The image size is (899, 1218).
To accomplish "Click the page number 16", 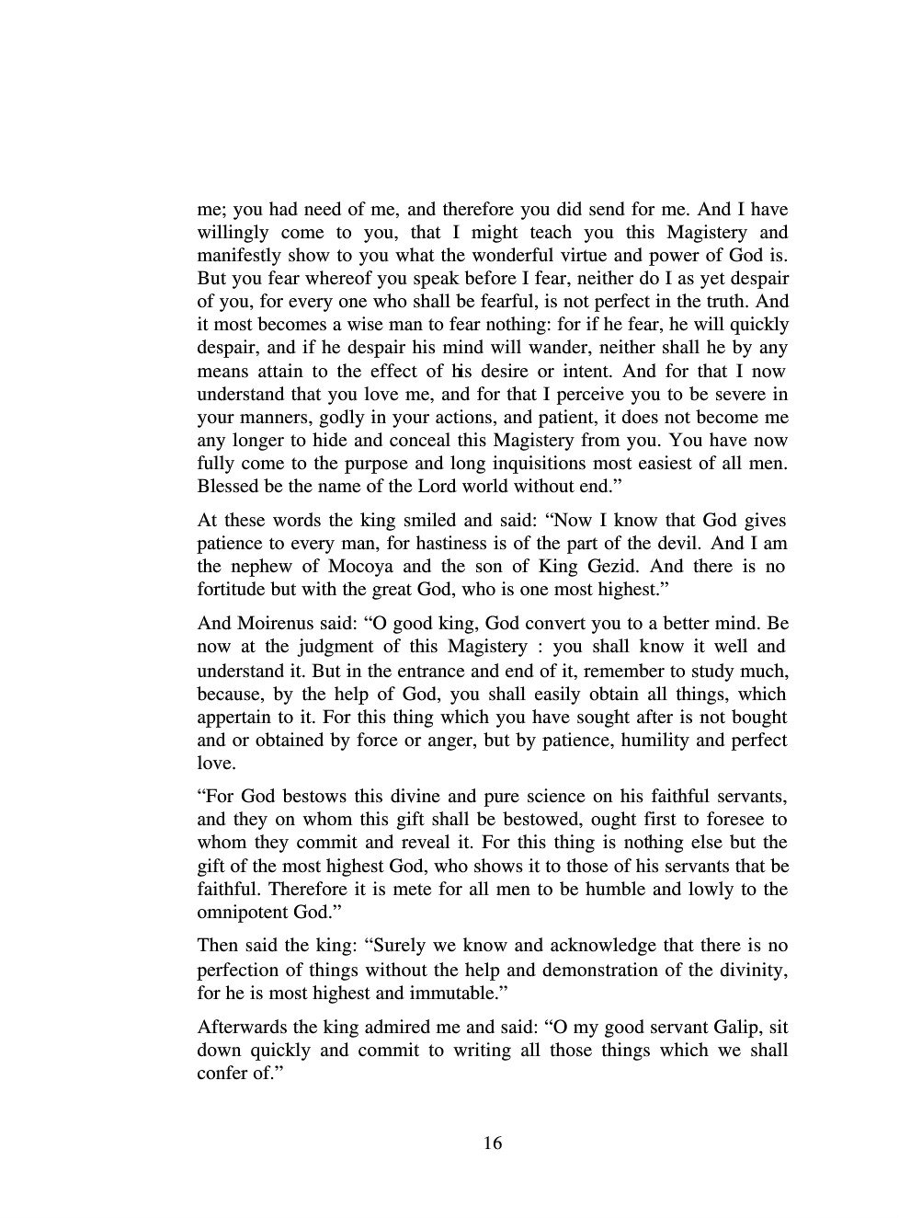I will (492, 1143).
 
